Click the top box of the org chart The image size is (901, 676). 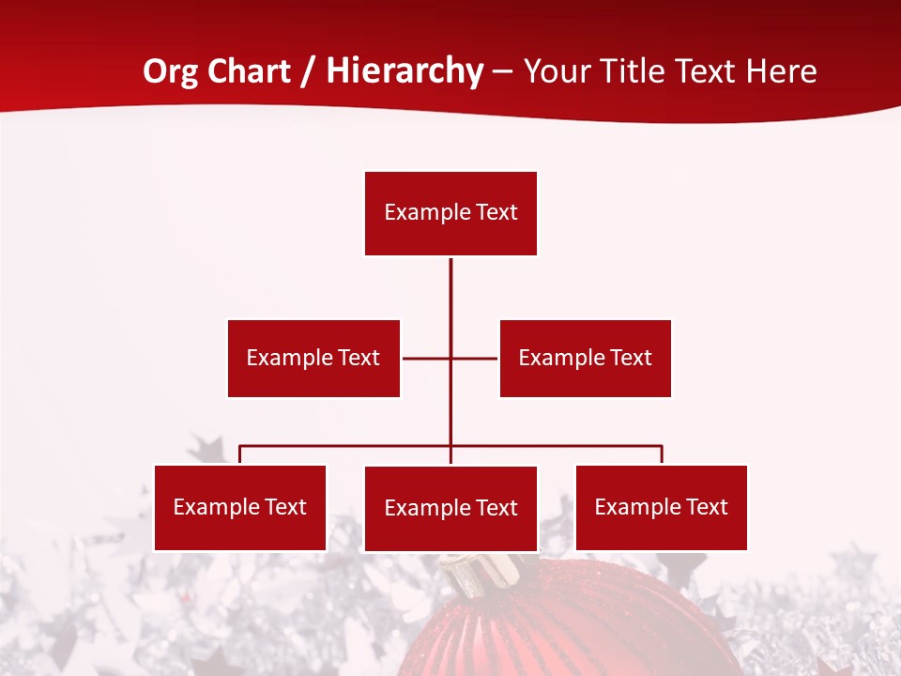[450, 213]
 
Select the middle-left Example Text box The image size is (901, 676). [313, 358]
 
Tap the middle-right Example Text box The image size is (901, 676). [585, 358]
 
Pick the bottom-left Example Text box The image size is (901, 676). [240, 507]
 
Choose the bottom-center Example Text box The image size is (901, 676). [450, 508]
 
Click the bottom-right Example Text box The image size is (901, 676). [661, 507]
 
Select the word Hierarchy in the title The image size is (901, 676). [405, 71]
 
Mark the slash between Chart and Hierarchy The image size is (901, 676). [309, 71]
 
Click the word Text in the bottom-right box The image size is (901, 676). [707, 507]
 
